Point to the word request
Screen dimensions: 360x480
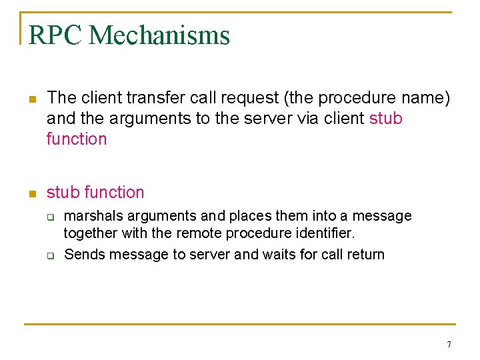[x=244, y=98]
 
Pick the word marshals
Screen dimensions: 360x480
[x=92, y=216]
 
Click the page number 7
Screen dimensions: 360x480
[x=449, y=345]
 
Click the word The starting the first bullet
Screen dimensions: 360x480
[x=62, y=98]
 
